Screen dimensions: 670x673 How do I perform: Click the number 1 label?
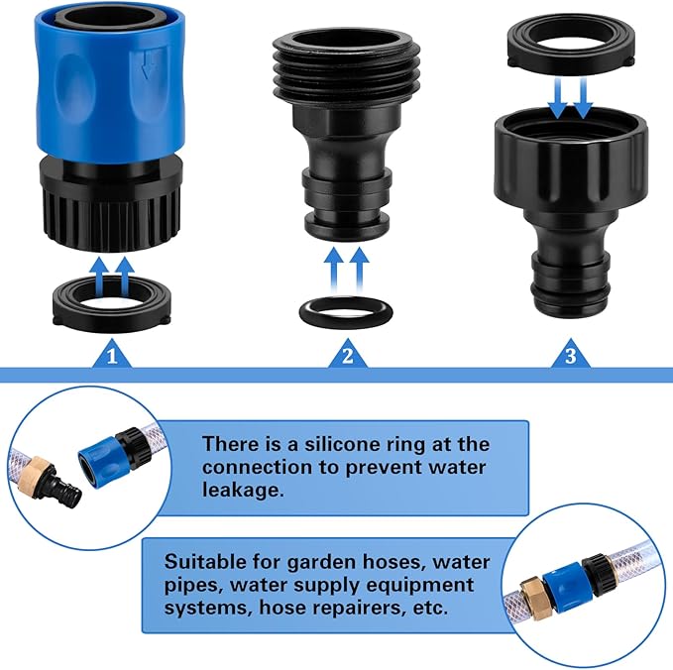tap(112, 354)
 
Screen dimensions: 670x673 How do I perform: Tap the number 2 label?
tap(346, 355)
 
